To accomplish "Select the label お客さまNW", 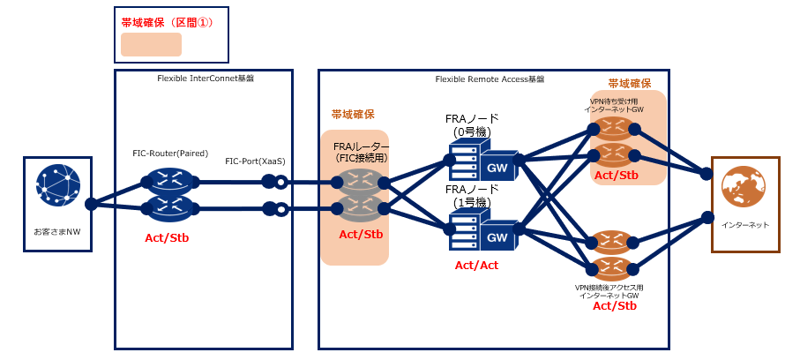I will point(57,232).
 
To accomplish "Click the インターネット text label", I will point(745,225).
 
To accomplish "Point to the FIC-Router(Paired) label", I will point(170,154).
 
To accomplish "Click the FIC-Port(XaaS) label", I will point(255,161).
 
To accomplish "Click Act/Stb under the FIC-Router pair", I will point(167,238).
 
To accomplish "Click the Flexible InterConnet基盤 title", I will point(206,79).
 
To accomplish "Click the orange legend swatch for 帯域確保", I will point(151,45).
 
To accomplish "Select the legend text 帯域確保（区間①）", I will point(167,21).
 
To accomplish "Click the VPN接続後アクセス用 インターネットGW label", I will point(610,291).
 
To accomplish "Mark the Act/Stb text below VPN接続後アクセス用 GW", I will point(615,306).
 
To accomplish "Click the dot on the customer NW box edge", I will point(91,204).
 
